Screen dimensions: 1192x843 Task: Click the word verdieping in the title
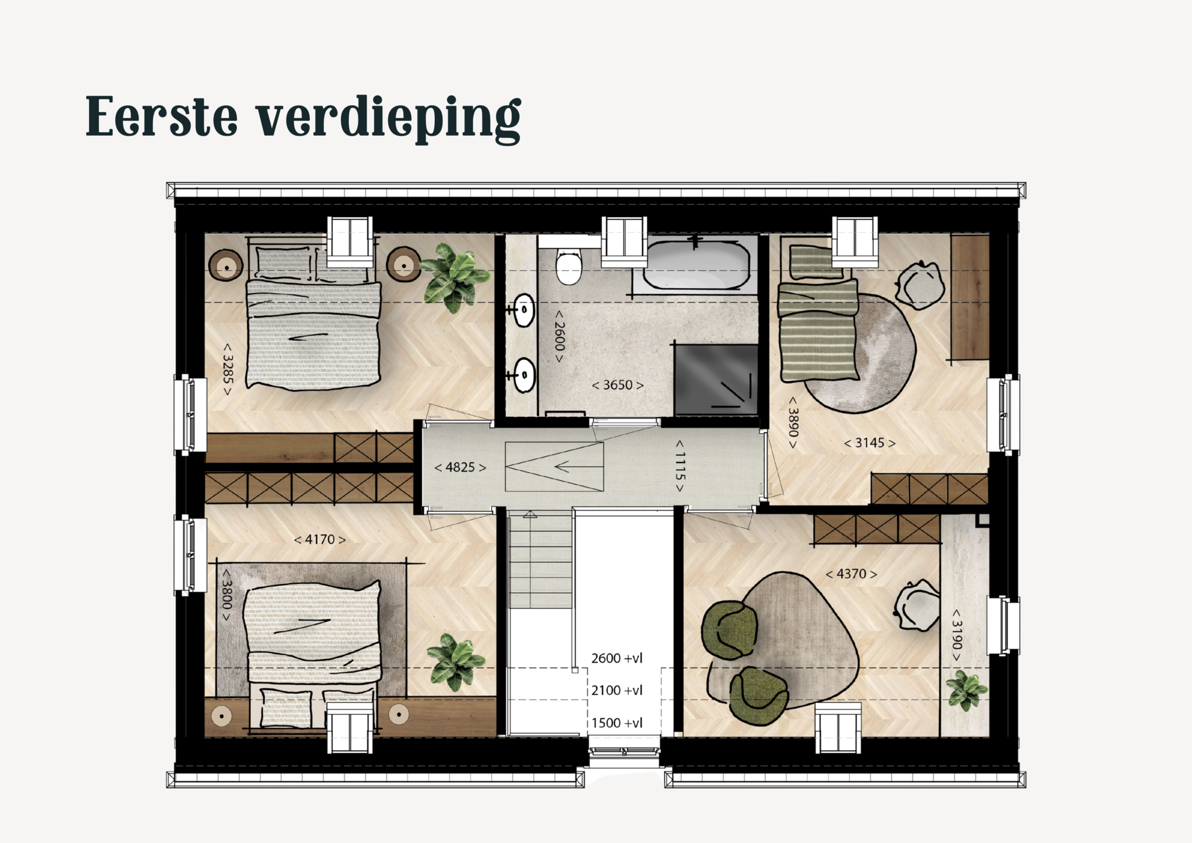[x=389, y=119]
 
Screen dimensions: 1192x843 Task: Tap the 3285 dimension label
[x=227, y=369]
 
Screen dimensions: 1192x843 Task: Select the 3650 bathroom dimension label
[x=618, y=385]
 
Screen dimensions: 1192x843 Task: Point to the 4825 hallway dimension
[x=460, y=467]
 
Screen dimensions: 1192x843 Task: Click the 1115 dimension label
[x=680, y=466]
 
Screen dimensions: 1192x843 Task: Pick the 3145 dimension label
[x=870, y=443]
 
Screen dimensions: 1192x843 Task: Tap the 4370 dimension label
[x=852, y=574]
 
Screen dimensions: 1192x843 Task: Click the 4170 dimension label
[x=320, y=540]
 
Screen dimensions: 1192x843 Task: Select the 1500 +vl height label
[x=617, y=723]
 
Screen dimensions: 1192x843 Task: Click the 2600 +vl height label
[x=617, y=658]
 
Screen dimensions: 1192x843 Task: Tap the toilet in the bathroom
[x=569, y=266]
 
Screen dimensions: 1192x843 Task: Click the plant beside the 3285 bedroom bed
[x=455, y=277]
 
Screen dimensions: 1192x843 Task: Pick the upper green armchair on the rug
[x=730, y=631]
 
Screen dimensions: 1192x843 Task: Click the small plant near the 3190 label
[x=966, y=690]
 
